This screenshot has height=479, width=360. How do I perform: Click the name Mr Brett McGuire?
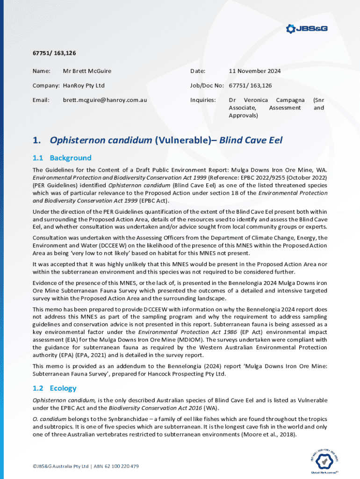click(x=87, y=71)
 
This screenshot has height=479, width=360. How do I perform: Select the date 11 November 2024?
click(x=254, y=71)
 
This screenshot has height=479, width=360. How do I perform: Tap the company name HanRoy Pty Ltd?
click(x=84, y=86)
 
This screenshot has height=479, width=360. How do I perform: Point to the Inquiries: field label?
click(x=202, y=100)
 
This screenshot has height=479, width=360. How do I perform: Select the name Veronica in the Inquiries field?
click(x=255, y=100)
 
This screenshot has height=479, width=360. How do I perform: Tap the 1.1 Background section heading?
click(x=62, y=158)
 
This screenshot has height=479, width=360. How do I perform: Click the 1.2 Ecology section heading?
click(x=54, y=388)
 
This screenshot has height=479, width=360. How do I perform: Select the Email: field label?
click(x=41, y=100)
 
